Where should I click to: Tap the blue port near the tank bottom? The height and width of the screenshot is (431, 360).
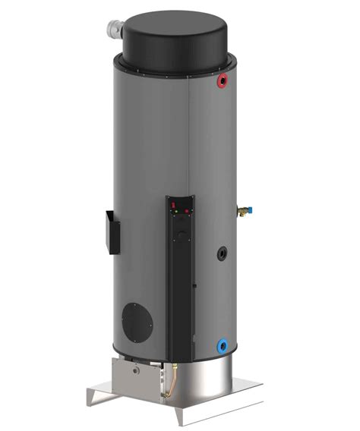click(x=221, y=344)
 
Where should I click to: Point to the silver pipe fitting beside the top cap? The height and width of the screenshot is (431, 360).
click(x=115, y=30)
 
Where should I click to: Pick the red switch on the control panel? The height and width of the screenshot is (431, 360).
click(x=173, y=205)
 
